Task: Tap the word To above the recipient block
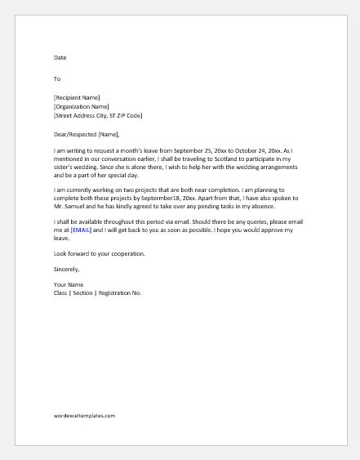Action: click(x=56, y=79)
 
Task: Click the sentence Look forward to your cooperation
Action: click(x=99, y=254)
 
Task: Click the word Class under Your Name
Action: click(x=61, y=292)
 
